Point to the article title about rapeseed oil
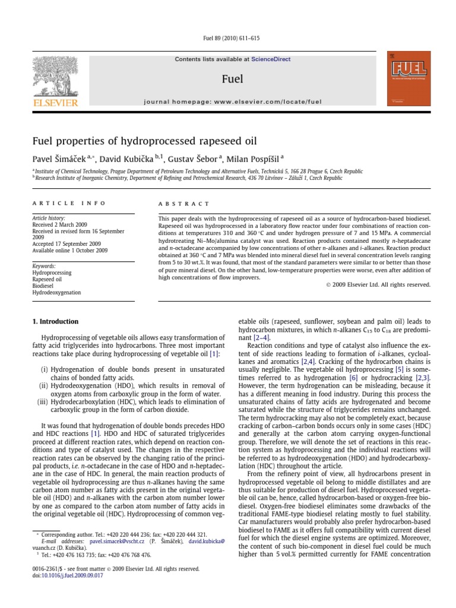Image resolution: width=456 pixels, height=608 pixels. tap(144, 141)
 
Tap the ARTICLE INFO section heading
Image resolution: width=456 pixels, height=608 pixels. tap(68, 203)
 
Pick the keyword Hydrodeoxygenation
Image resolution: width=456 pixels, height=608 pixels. tap(57, 293)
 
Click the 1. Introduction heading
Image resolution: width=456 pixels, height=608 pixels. tap(55, 322)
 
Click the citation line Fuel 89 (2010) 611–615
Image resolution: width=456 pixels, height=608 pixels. tap(227, 39)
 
